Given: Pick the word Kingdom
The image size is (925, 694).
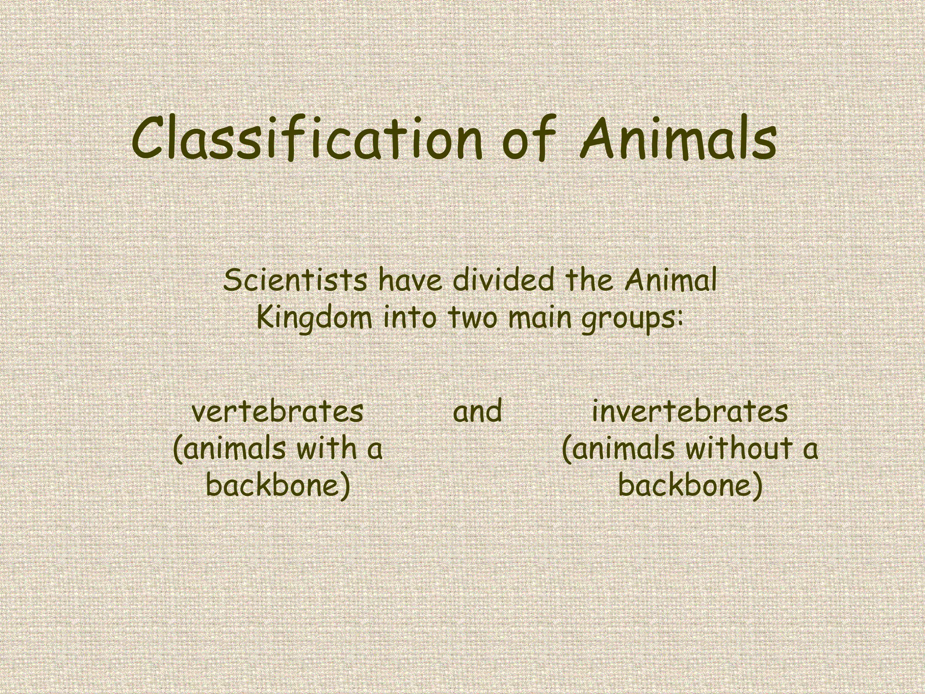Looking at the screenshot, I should coord(314,318).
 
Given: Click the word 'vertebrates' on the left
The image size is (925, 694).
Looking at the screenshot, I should coord(277,412).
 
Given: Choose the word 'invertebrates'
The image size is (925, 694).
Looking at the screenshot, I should coord(690,412).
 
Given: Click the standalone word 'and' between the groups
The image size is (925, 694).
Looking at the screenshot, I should coord(477,412).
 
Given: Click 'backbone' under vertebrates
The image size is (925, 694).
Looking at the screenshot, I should coord(277,486).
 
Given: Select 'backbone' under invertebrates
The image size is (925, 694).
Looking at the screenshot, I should coord(690,486).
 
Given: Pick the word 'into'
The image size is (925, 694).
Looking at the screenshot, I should coord(410,318).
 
